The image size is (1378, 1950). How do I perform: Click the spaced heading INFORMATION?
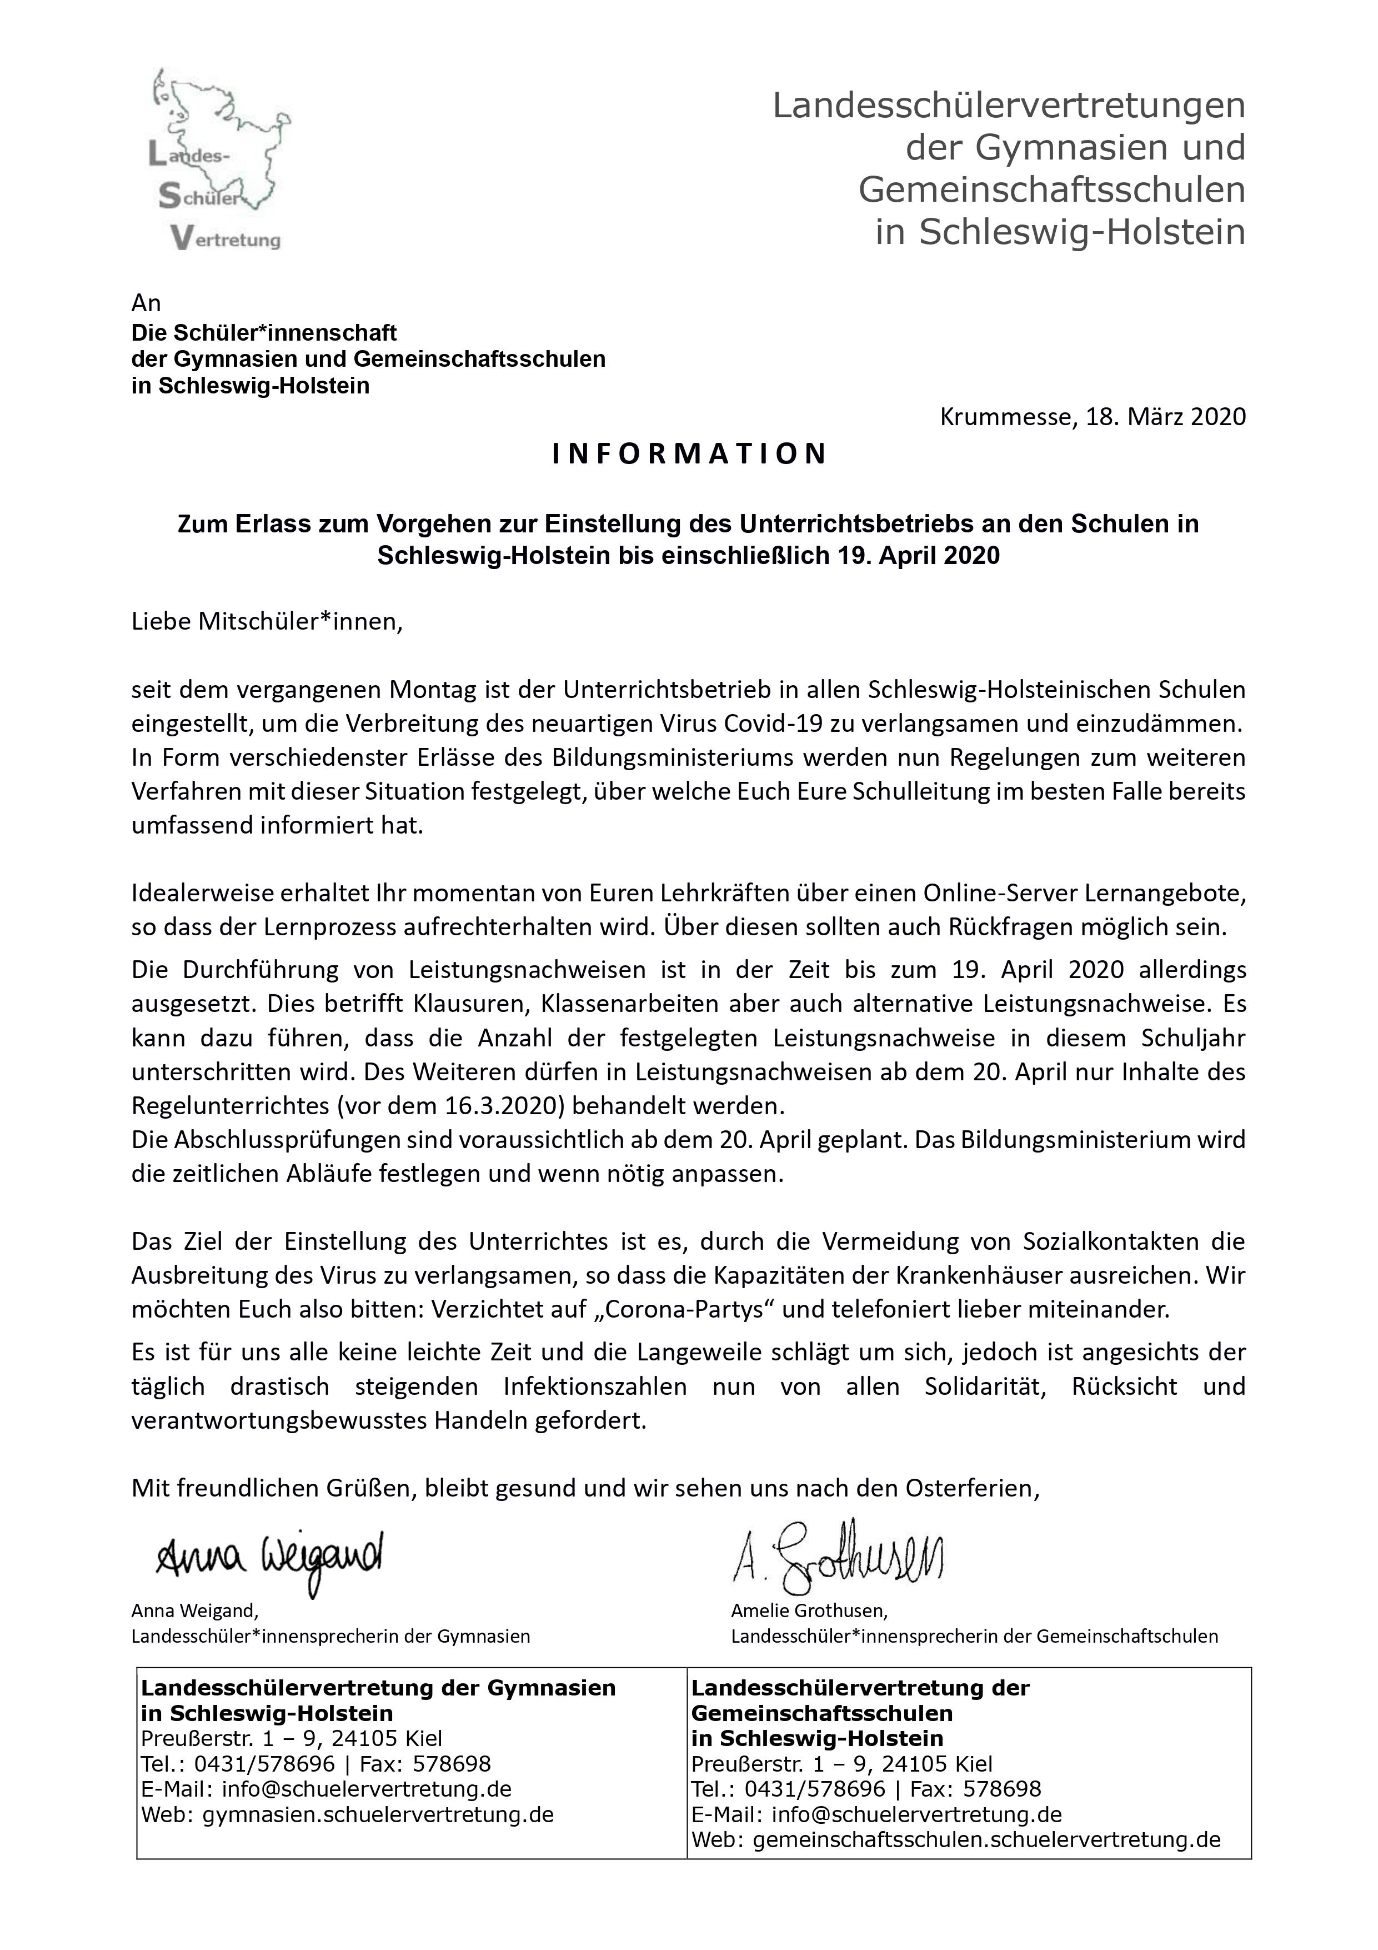689,455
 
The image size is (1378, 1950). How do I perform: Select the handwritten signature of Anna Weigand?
270,1556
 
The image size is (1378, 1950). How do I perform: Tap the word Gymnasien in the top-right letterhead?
1058,148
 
